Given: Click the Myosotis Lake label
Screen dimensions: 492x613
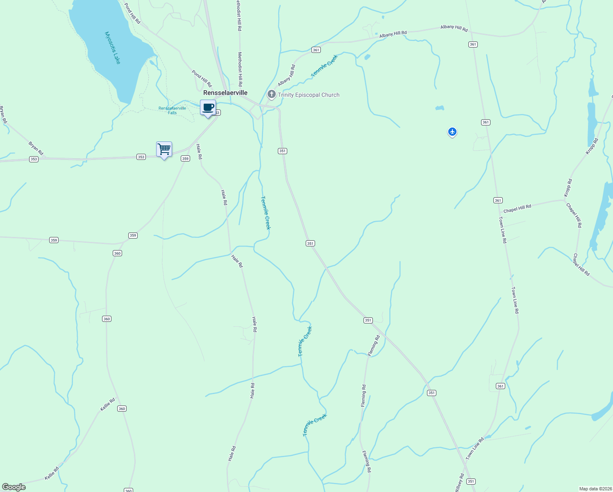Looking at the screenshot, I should pyautogui.click(x=113, y=48).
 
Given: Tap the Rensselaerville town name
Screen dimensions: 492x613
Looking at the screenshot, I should pyautogui.click(x=225, y=93).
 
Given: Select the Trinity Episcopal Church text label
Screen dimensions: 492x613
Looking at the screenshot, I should pyautogui.click(x=309, y=95).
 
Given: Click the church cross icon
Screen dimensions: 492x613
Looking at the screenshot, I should pyautogui.click(x=271, y=95).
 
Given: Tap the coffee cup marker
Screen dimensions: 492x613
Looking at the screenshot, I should pyautogui.click(x=208, y=107).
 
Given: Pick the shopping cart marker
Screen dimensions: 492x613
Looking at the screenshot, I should pyautogui.click(x=164, y=149).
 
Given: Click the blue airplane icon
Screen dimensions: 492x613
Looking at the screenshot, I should pyautogui.click(x=452, y=132).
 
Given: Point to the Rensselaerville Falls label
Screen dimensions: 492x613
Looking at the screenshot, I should pyautogui.click(x=172, y=110).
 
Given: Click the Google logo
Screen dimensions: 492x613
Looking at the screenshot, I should pyautogui.click(x=14, y=487).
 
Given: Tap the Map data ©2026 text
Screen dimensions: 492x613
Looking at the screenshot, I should pyautogui.click(x=595, y=489).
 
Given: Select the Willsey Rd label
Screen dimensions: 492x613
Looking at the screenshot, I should pyautogui.click(x=460, y=483).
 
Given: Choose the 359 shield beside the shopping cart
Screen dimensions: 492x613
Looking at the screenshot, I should pyautogui.click(x=186, y=158).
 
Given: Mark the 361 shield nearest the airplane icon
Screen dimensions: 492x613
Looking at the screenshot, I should pyautogui.click(x=486, y=122).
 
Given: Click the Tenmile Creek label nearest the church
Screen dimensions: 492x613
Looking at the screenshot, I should pyautogui.click(x=325, y=66).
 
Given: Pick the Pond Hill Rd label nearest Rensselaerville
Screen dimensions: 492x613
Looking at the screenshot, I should pyautogui.click(x=202, y=78).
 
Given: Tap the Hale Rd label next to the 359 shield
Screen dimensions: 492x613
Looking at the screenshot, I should pyautogui.click(x=199, y=151).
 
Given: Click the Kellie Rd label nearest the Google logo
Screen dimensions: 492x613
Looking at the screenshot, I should pyautogui.click(x=52, y=473).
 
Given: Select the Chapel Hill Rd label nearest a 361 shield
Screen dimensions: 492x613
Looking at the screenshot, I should pyautogui.click(x=517, y=209).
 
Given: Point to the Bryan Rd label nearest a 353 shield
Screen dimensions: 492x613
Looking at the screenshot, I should pyautogui.click(x=36, y=148).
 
